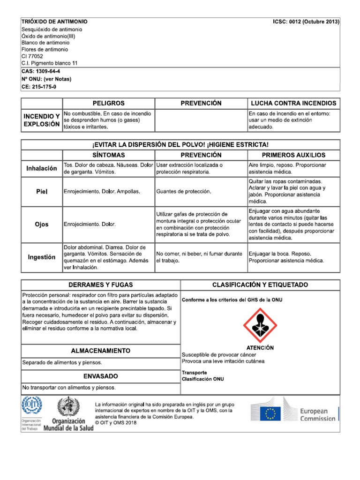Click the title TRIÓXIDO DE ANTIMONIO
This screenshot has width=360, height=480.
54,22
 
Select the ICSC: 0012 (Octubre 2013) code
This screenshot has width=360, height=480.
306,22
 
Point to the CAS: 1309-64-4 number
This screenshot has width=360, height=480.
41,71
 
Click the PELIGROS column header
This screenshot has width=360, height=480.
108,103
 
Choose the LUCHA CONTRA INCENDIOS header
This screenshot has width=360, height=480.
293,103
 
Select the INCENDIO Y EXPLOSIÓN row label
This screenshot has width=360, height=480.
42,120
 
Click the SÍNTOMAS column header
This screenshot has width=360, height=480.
108,155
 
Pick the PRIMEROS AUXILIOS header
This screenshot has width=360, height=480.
293,155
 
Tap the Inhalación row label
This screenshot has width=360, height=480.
42,168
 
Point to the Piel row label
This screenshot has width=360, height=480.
42,191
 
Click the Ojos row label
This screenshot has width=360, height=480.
42,224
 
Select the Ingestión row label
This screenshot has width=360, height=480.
42,257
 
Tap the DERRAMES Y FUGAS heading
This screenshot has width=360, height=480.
101,285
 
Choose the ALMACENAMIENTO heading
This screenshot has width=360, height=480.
101,351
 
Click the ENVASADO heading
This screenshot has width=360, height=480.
101,376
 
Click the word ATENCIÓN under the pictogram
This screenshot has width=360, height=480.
260,348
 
